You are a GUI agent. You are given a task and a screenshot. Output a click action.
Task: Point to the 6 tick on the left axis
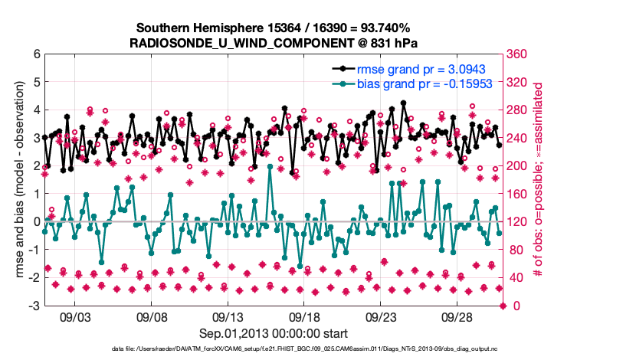coord(35,55)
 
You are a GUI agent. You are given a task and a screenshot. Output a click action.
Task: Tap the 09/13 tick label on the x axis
coord(228,317)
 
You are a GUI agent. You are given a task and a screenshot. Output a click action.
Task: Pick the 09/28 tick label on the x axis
coord(457,317)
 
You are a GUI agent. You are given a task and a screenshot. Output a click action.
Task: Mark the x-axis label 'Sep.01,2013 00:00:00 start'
coord(273,333)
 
